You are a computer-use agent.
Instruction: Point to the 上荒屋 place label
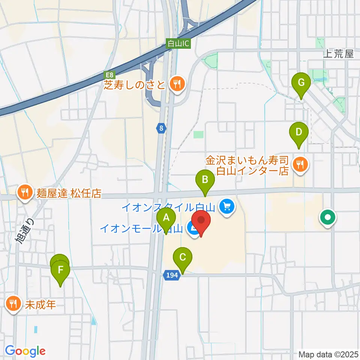(x=339, y=54)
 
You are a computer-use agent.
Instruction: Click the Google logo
(x=25, y=351)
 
